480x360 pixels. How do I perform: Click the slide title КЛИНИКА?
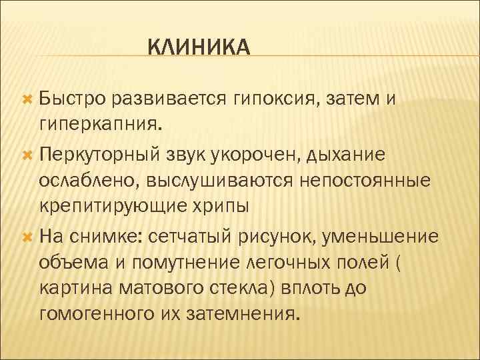tap(198, 48)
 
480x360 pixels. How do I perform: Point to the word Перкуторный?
tap(97, 155)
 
